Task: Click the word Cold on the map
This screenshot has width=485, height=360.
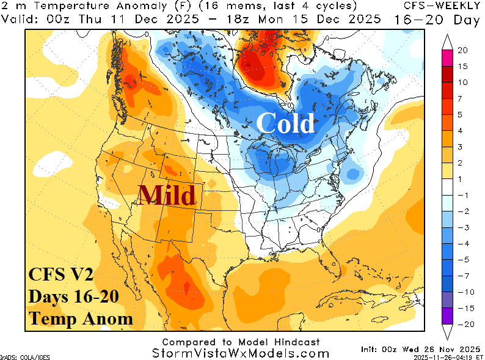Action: pyautogui.click(x=285, y=123)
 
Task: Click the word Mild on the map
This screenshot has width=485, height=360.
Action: pyautogui.click(x=167, y=196)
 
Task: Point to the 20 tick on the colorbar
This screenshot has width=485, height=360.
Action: pyautogui.click(x=462, y=50)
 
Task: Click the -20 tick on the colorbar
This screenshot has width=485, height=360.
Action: pyautogui.click(x=462, y=323)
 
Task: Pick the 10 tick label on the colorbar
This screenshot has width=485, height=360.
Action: pyautogui.click(x=462, y=82)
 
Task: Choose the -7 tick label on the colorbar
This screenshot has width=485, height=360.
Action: pyautogui.click(x=462, y=276)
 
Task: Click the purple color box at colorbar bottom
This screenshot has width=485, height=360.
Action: pyautogui.click(x=446, y=315)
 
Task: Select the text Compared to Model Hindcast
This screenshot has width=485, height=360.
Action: pyautogui.click(x=240, y=342)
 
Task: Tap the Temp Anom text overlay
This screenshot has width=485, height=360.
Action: pyautogui.click(x=81, y=318)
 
